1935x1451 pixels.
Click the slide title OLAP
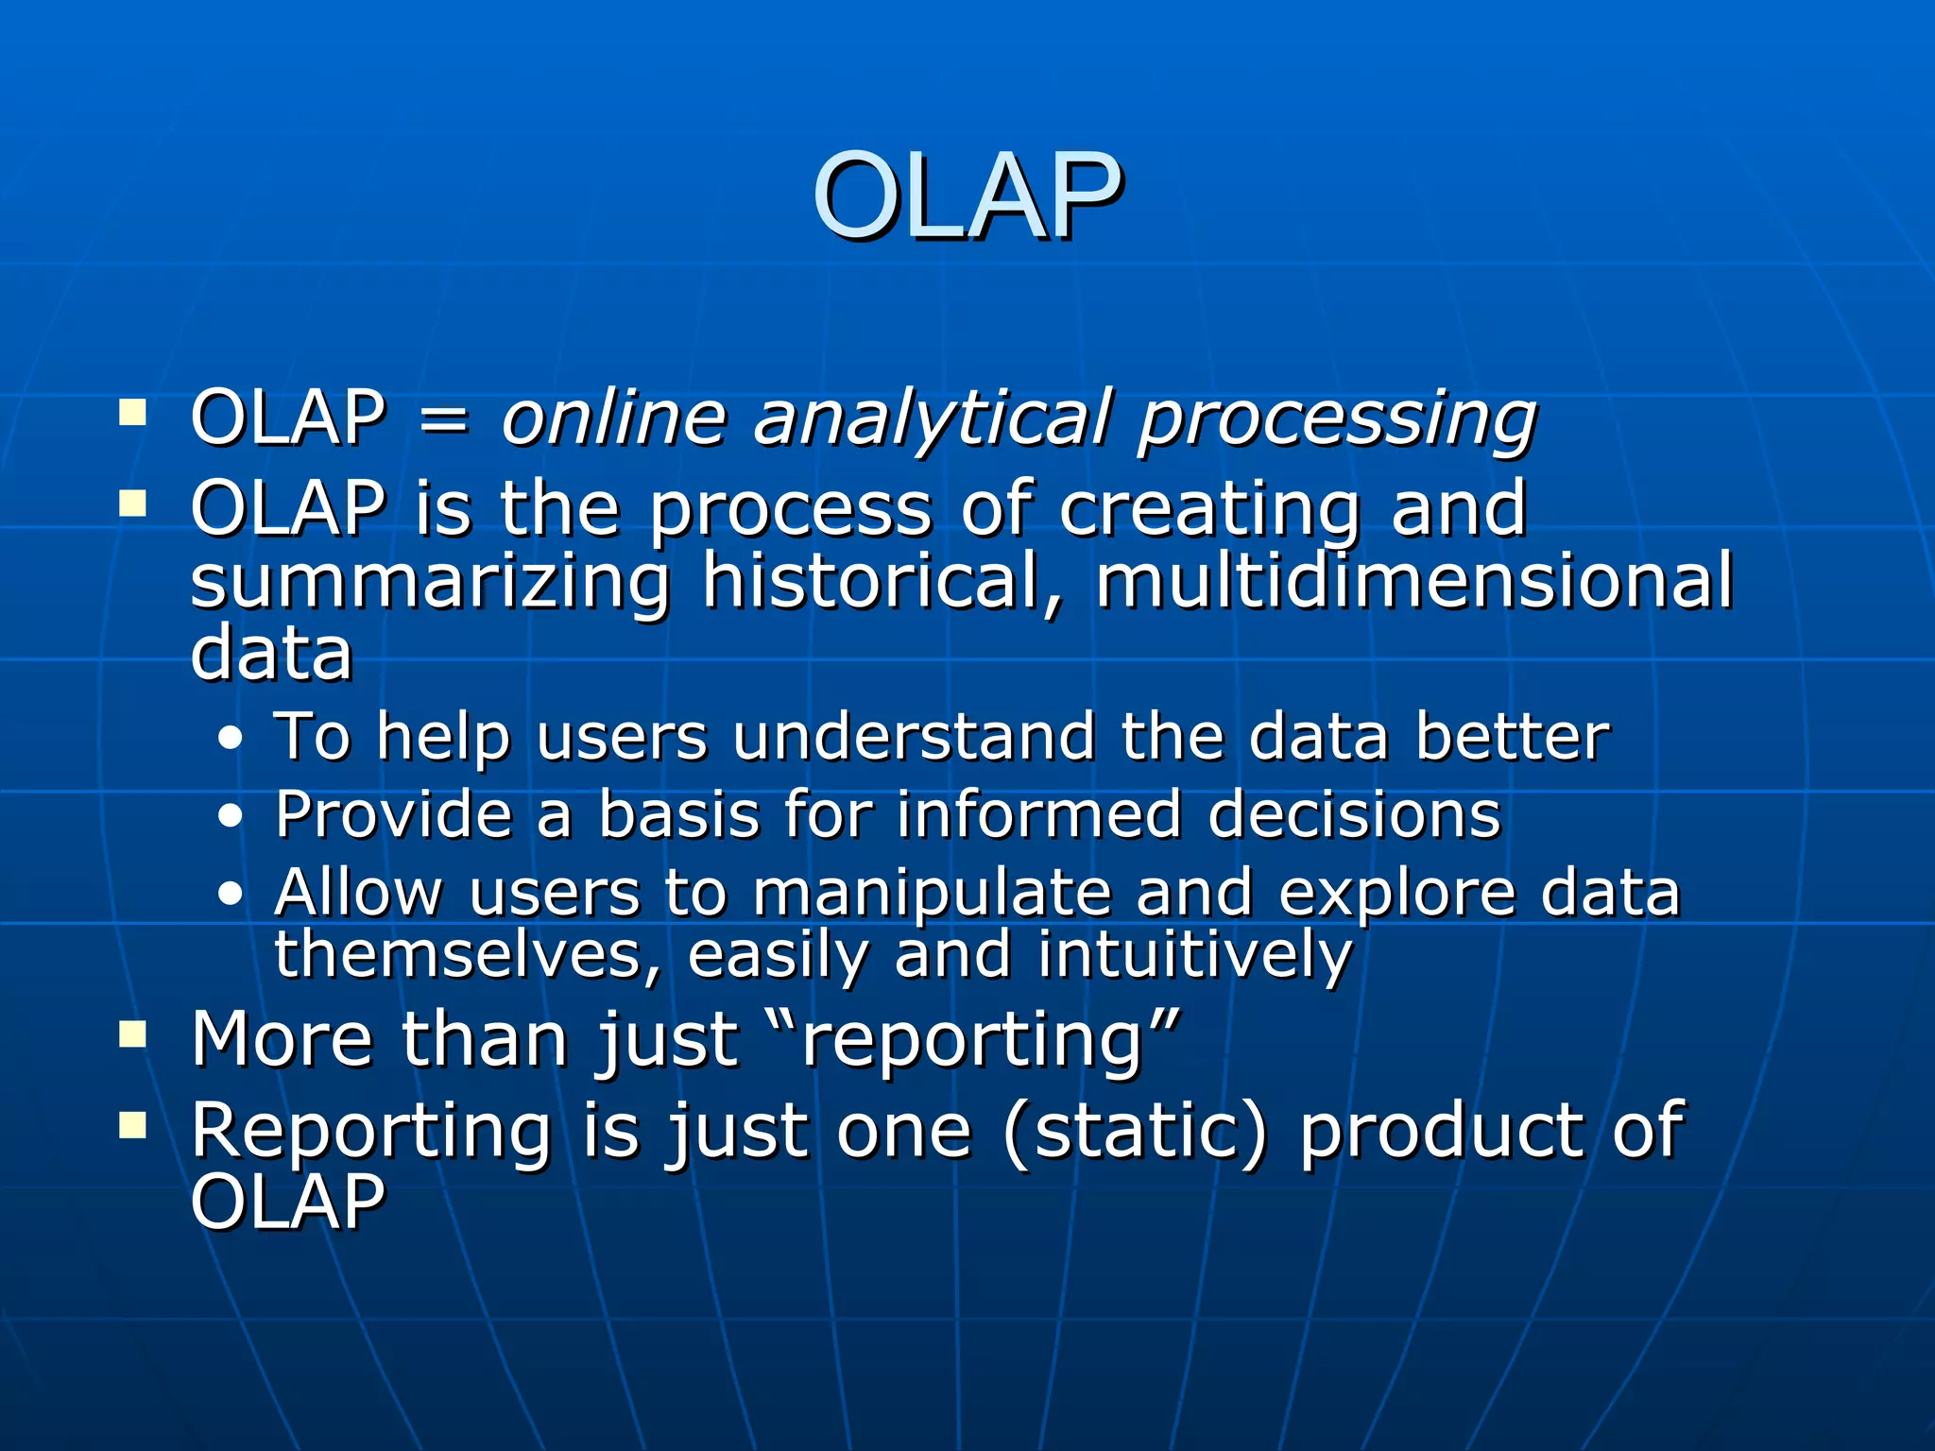click(x=967, y=196)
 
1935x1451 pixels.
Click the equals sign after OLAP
click(x=442, y=418)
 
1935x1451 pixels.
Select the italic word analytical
click(x=932, y=418)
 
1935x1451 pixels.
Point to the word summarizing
click(x=430, y=582)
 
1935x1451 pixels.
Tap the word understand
click(x=914, y=737)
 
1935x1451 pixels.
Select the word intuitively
click(x=1195, y=955)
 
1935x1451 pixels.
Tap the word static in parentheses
click(x=1134, y=1131)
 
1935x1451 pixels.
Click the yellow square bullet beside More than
click(x=133, y=1035)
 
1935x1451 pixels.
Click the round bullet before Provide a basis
click(x=230, y=817)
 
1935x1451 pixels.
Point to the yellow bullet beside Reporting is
click(x=133, y=1125)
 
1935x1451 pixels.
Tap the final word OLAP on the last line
click(x=288, y=1203)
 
